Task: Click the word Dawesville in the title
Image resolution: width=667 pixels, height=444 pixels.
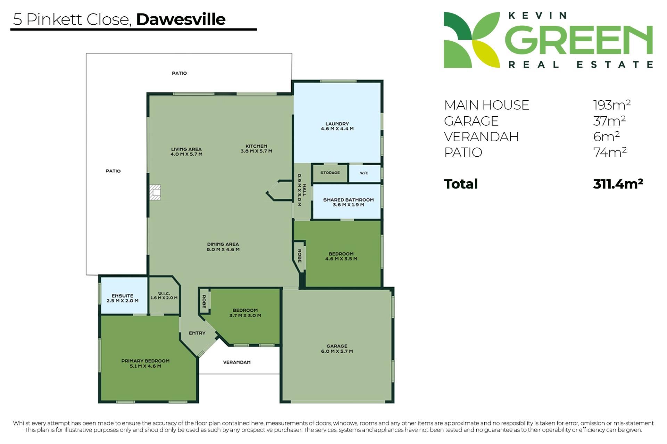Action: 181,19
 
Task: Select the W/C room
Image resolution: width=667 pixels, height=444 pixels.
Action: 364,173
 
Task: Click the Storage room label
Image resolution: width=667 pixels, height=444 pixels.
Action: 330,173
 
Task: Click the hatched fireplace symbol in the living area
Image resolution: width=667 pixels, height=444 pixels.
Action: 155,192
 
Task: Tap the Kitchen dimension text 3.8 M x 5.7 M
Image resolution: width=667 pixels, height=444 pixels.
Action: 256,151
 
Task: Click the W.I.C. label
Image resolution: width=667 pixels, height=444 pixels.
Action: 164,294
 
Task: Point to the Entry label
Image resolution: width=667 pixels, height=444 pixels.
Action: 197,333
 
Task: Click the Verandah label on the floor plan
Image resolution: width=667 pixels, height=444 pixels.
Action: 237,362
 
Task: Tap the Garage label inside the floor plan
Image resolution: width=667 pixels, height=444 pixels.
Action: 337,346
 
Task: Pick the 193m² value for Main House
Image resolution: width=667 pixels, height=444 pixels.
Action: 612,104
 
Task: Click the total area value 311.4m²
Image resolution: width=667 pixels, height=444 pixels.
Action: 618,184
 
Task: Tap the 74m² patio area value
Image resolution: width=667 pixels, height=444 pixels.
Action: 610,152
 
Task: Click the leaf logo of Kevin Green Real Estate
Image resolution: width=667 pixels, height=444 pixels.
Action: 472,40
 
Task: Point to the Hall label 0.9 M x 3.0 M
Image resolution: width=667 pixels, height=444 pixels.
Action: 302,190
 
